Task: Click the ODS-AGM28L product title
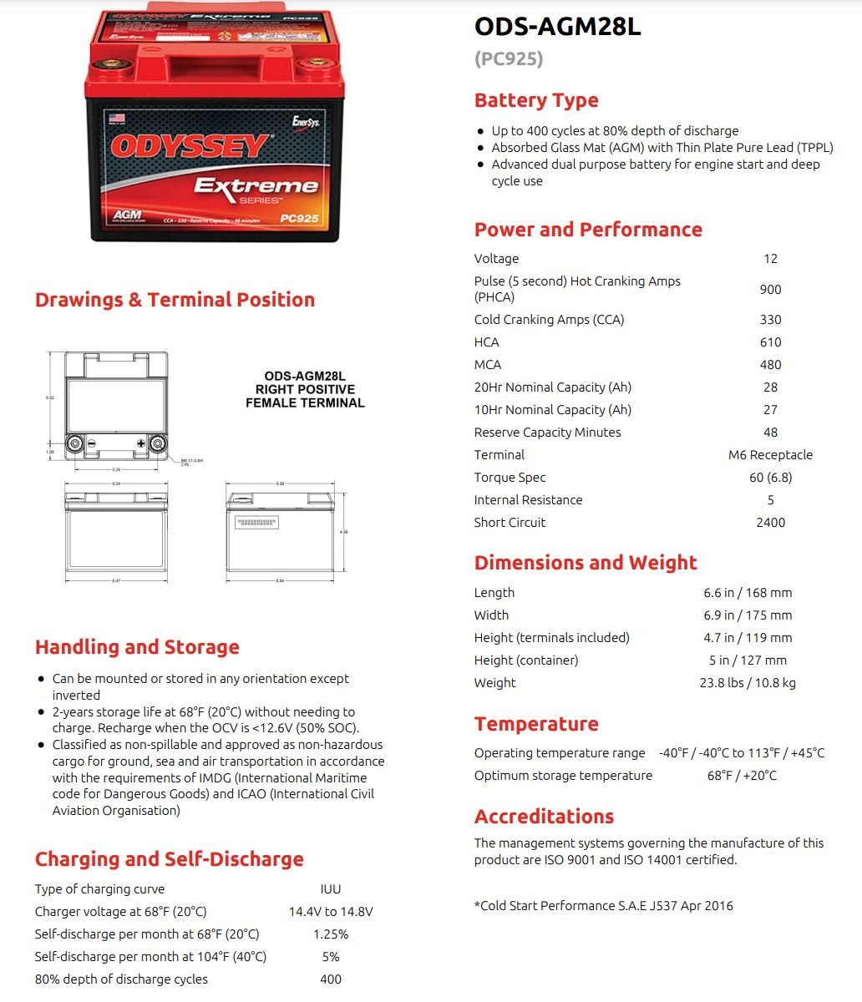pos(557,27)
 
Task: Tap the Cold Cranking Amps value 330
pos(770,320)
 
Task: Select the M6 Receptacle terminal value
pos(770,455)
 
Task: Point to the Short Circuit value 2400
pos(770,523)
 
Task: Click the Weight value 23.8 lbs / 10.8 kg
pos(748,683)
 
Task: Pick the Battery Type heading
pos(536,101)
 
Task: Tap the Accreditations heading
pos(544,817)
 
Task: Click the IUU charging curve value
pos(331,889)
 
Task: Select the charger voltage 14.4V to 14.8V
pos(331,912)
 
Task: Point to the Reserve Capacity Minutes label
pos(547,433)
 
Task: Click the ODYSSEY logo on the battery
pos(190,147)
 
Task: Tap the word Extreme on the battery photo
pos(256,185)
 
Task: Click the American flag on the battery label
pos(115,118)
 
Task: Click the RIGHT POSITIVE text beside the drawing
pos(305,390)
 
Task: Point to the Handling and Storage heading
pos(137,647)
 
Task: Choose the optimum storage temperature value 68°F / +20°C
pos(742,776)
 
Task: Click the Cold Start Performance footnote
pos(603,906)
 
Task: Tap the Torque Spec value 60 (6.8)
pos(770,478)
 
